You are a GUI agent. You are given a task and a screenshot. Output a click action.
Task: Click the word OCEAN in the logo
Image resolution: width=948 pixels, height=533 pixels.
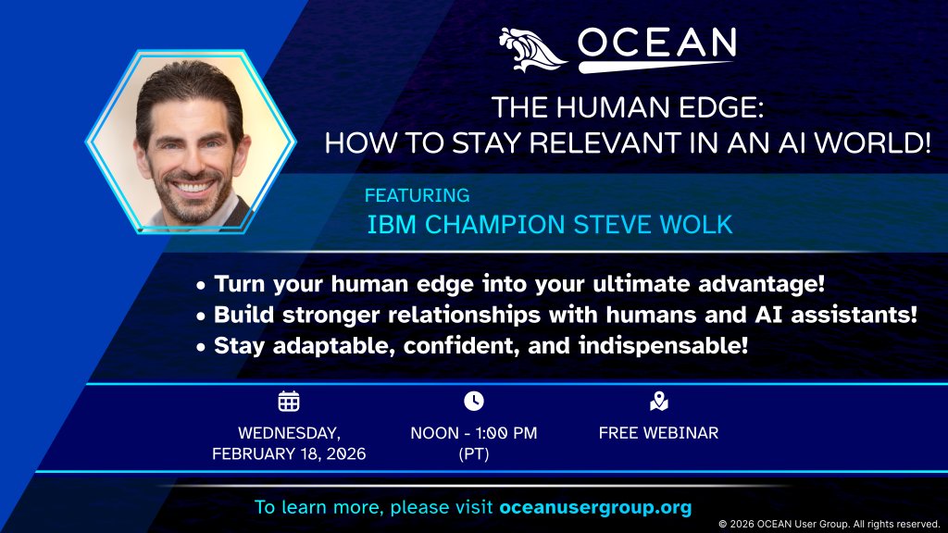pos(656,43)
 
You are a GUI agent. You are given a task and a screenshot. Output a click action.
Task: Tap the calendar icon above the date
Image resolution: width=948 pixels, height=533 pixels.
pos(289,401)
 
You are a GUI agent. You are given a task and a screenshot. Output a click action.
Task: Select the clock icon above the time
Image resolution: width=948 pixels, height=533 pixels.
pos(473,401)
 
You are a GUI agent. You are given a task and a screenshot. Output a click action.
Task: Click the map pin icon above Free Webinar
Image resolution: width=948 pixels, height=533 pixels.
pos(658,401)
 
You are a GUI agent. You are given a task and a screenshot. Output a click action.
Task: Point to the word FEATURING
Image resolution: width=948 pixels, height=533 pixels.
pos(417,195)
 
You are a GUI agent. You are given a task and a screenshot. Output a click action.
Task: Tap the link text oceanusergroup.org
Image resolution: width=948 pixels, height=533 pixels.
pos(595,508)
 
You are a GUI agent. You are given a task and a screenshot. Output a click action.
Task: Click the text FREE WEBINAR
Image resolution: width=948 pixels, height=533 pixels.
pos(658,432)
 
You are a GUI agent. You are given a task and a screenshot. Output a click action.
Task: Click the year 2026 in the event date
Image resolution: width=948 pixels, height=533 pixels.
pos(340,453)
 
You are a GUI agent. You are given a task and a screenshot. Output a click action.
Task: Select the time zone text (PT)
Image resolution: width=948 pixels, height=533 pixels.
pos(473,453)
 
